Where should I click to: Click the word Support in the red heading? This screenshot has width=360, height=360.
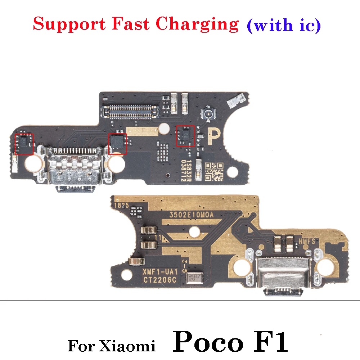[65, 24]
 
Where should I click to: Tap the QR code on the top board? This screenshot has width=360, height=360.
[214, 171]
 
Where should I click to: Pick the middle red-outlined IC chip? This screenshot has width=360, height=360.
[118, 143]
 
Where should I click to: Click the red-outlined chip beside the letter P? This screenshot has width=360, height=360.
[185, 136]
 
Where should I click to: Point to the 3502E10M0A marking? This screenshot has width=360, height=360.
[192, 215]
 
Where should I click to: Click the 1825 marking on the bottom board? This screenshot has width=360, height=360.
[122, 206]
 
